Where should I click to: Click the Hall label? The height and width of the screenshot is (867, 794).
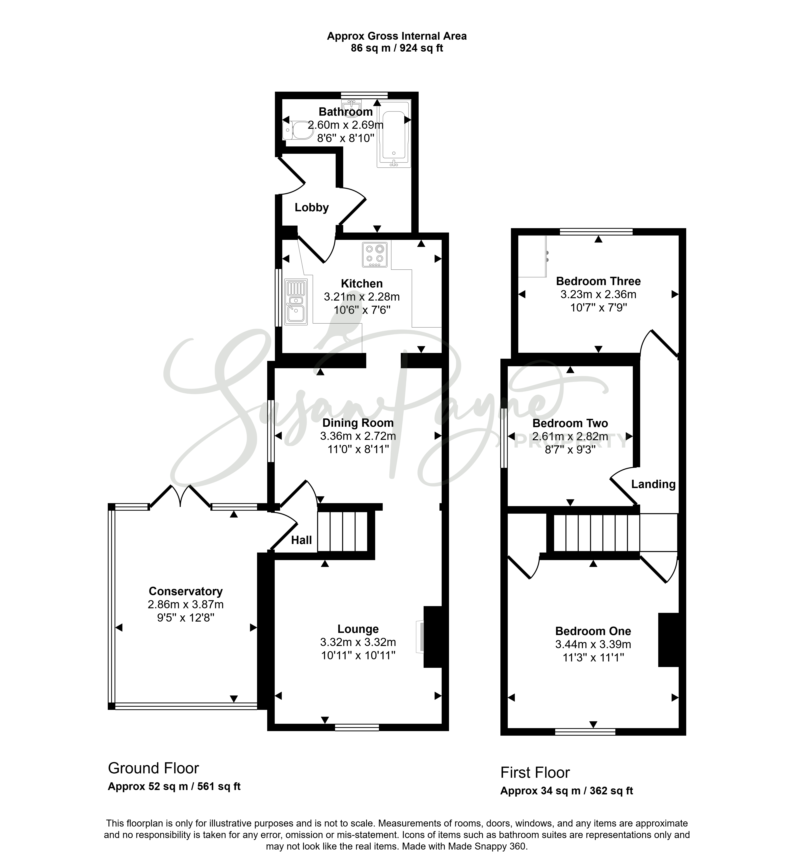(x=301, y=540)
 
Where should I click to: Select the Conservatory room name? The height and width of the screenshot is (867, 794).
(x=185, y=591)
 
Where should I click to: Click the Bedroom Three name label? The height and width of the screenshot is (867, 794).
(x=598, y=281)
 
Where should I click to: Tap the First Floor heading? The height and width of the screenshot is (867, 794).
(x=535, y=773)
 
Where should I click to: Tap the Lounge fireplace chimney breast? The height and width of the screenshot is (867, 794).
(x=433, y=636)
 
